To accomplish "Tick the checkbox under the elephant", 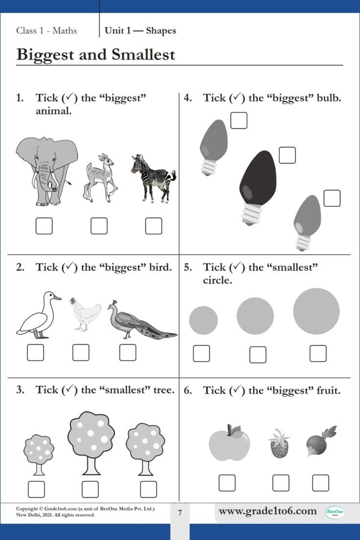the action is click(x=44, y=226).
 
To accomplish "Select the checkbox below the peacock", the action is click(x=128, y=352).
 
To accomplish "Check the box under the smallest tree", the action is click(x=36, y=489).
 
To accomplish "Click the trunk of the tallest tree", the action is click(x=91, y=466).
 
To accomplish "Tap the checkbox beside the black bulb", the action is click(x=287, y=155).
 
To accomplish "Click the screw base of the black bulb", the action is click(x=251, y=214).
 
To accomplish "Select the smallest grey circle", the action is click(x=203, y=320).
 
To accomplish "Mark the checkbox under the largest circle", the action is click(x=318, y=353).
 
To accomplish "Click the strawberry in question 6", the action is click(x=279, y=444).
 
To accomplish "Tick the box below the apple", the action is click(x=227, y=483).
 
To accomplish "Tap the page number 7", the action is click(x=180, y=513).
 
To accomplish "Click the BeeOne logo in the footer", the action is click(x=335, y=512).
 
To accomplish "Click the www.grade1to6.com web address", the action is click(x=268, y=511).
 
